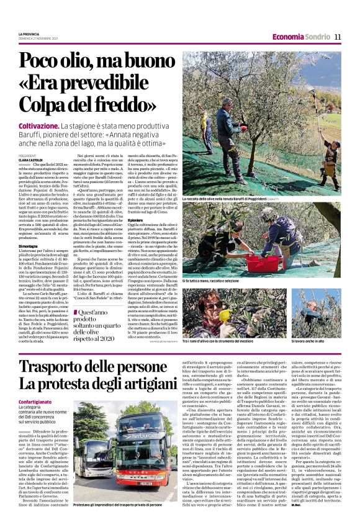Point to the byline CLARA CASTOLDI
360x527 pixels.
pos(33,160)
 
